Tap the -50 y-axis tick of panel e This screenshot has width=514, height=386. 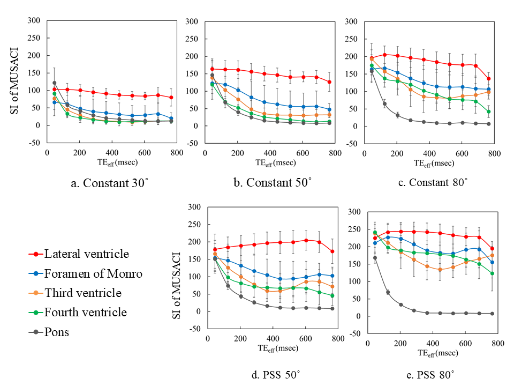(356, 333)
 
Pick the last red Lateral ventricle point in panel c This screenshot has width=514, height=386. (489, 79)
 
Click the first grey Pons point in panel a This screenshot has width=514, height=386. (54, 83)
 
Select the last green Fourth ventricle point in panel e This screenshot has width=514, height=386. (492, 273)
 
